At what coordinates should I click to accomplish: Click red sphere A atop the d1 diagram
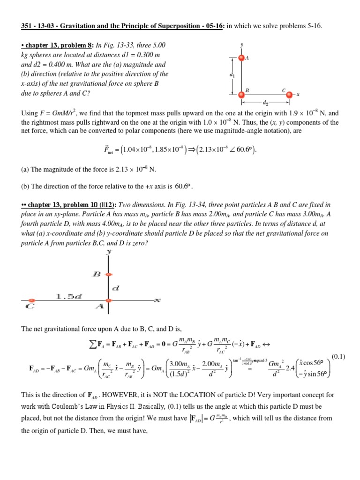point(241,58)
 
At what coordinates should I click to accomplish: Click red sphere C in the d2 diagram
point(289,94)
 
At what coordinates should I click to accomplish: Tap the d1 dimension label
point(232,75)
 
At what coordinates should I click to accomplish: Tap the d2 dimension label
point(265,102)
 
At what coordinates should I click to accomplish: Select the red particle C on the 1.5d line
point(31,300)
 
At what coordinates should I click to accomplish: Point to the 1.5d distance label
point(69,296)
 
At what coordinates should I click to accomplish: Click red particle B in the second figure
point(108,275)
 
